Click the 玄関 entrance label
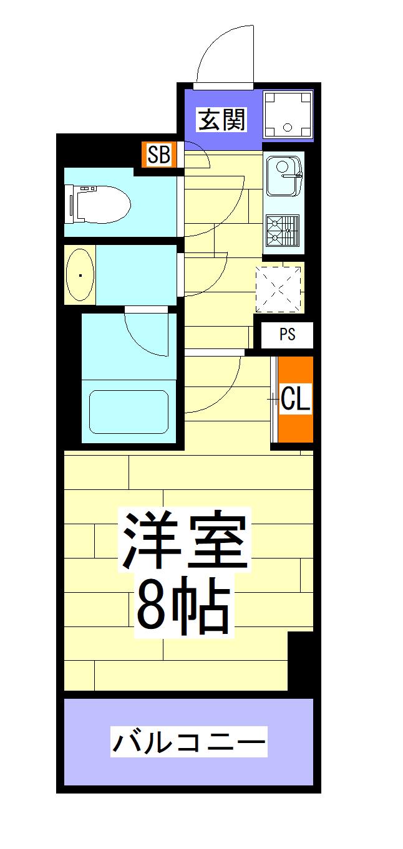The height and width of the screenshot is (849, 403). (221, 120)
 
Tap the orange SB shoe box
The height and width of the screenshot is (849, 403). (158, 154)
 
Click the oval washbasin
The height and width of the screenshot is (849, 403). (80, 275)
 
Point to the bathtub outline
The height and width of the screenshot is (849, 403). (129, 411)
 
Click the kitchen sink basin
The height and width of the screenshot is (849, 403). (284, 176)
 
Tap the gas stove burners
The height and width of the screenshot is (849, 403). (283, 231)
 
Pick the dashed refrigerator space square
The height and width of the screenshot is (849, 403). (278, 290)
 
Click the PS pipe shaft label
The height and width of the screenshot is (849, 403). (287, 334)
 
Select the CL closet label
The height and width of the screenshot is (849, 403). (296, 398)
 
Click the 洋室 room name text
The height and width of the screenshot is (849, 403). (185, 540)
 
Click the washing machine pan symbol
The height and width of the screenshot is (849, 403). (288, 115)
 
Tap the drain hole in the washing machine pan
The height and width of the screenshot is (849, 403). (288, 128)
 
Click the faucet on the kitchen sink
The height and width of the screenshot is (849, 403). (292, 175)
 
